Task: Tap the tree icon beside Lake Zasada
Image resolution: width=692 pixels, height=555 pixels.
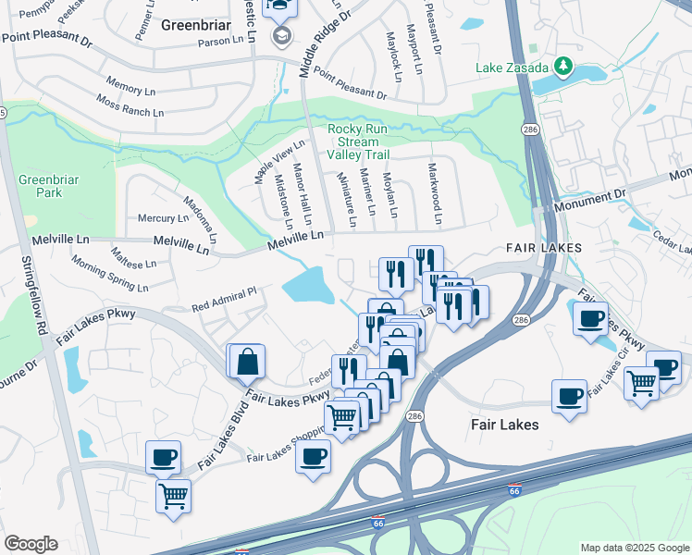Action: pos(562,67)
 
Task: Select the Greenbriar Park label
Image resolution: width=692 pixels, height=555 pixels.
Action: pos(41,186)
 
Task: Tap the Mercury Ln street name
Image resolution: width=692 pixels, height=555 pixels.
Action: pos(162,218)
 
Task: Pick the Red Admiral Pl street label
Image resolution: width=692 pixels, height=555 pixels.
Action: pos(223,299)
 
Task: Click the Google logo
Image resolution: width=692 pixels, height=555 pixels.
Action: pos(31,544)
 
